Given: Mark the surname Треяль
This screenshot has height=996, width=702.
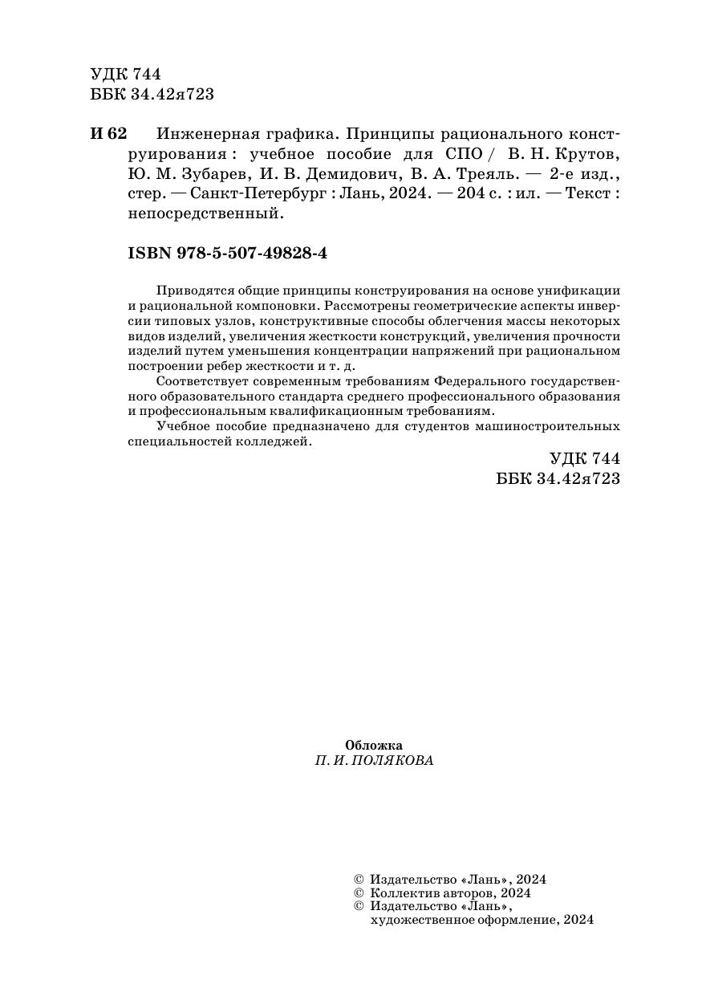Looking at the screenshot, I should click(492, 174).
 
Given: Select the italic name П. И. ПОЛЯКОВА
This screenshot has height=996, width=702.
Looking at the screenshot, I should click(374, 761).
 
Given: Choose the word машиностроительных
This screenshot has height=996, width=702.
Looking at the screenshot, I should click(546, 425).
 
